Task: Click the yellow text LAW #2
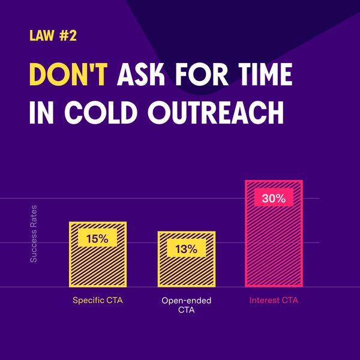[53, 36]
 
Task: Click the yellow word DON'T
[68, 74]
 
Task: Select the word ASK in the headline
[141, 74]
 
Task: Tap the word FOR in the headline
[202, 74]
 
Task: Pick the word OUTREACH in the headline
[215, 113]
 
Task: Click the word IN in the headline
[41, 113]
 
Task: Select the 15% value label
[97, 238]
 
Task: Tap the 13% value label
[187, 248]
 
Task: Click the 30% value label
[274, 197]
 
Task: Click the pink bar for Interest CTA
[274, 233]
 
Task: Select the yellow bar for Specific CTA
[98, 254]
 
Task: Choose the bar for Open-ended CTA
[187, 259]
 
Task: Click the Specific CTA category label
[98, 300]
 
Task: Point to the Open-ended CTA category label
[186, 305]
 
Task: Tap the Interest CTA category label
[274, 300]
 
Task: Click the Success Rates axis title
[34, 234]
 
